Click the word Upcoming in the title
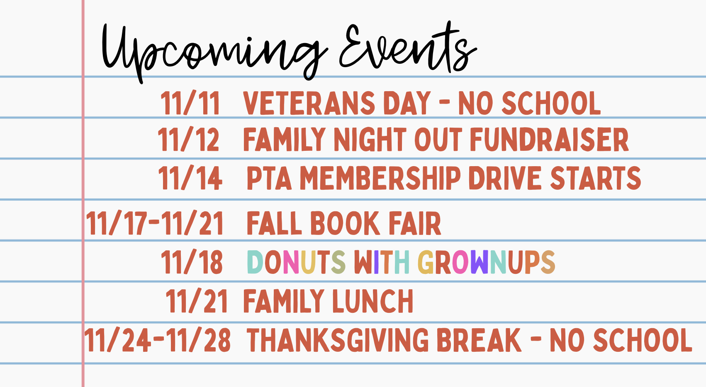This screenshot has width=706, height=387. click(214, 52)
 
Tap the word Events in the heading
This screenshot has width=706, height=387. click(408, 47)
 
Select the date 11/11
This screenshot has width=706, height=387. click(190, 103)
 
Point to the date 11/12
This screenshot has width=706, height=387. click(188, 140)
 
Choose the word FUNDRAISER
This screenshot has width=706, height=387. click(549, 140)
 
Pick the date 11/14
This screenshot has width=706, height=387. click(190, 178)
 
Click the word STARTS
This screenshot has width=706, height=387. click(596, 178)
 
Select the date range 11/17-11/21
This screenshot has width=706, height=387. click(155, 223)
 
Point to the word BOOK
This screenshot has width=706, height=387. click(345, 223)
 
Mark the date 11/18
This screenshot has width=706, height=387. click(192, 262)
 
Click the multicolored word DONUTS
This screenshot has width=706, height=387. click(296, 262)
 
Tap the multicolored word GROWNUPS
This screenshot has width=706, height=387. click(486, 262)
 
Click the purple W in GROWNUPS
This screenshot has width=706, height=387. click(480, 262)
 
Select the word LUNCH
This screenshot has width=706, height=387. click(372, 301)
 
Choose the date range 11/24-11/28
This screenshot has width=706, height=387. click(157, 340)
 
